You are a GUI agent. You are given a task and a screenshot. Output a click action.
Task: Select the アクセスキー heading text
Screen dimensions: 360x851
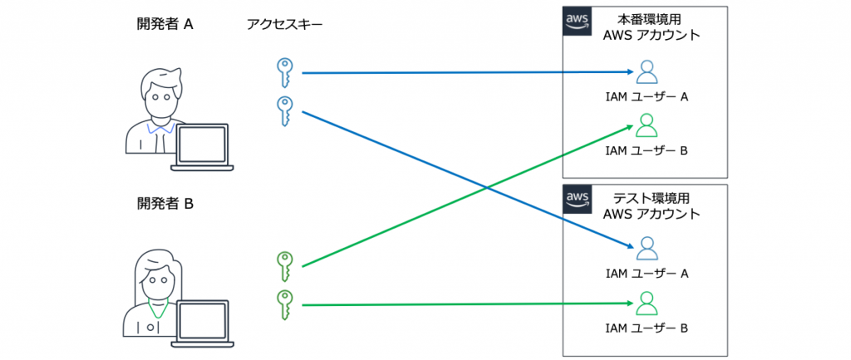(284, 25)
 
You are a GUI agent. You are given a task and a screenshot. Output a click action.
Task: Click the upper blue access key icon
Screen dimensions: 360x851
(285, 72)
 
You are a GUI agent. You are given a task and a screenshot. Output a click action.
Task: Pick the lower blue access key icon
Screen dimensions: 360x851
(285, 111)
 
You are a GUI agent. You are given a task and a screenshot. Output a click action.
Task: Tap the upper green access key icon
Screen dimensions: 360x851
(285, 266)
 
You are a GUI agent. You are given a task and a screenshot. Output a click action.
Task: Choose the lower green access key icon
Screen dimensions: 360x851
(285, 304)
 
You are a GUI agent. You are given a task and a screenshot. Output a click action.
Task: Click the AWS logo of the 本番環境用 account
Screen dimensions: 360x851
(577, 21)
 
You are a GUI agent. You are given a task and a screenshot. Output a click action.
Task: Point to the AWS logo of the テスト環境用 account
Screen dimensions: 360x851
(577, 200)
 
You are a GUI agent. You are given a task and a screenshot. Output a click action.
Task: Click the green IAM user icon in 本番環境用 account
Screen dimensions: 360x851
(647, 126)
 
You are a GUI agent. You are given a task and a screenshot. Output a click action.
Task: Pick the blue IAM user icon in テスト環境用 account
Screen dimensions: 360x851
(647, 248)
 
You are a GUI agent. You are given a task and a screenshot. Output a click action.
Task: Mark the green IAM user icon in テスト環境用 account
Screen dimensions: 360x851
(647, 303)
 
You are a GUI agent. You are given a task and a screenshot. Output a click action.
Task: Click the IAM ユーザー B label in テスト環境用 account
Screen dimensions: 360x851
(647, 328)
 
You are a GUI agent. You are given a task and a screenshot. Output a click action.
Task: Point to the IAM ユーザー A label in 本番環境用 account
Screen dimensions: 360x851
(647, 97)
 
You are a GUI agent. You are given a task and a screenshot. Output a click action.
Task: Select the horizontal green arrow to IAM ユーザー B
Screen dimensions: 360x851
(465, 305)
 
